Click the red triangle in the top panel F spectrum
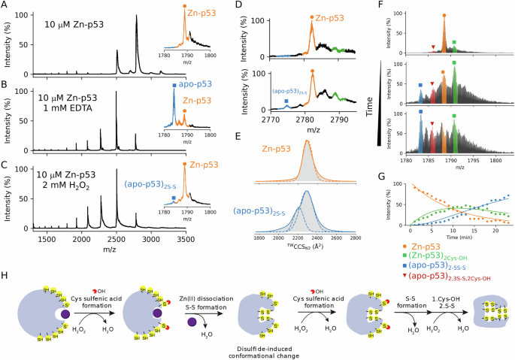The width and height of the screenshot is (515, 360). coord(433,47)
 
